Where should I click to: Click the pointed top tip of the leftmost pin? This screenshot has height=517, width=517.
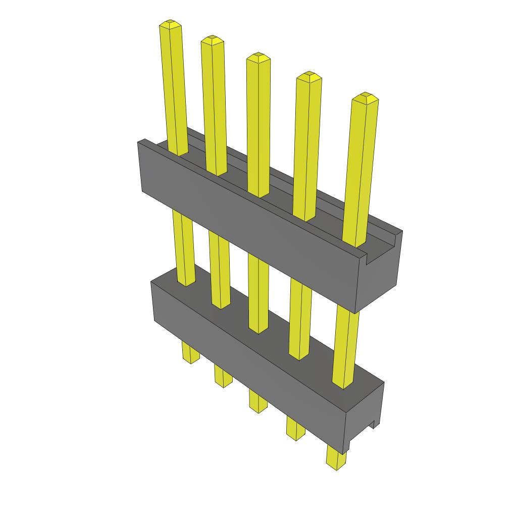170,23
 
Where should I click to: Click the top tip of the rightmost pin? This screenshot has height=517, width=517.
365,96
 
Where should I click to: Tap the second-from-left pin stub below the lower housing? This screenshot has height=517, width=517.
223,376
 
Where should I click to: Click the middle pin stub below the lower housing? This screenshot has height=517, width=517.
258,401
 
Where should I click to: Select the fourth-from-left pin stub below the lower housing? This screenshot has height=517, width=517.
295,428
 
